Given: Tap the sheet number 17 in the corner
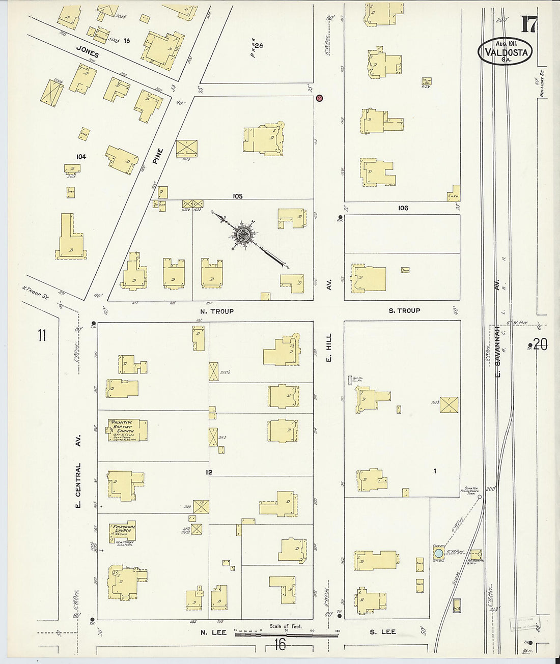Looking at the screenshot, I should click(528, 24).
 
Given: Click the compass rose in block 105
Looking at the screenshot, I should click(242, 235).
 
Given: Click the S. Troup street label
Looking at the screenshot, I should click(404, 310).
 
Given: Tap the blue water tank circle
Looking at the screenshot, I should click(438, 553).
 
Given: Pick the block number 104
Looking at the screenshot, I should click(80, 157).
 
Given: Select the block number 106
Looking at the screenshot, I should click(403, 208).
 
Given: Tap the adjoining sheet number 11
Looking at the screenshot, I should click(42, 336).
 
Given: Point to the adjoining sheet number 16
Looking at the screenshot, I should click(279, 645).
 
